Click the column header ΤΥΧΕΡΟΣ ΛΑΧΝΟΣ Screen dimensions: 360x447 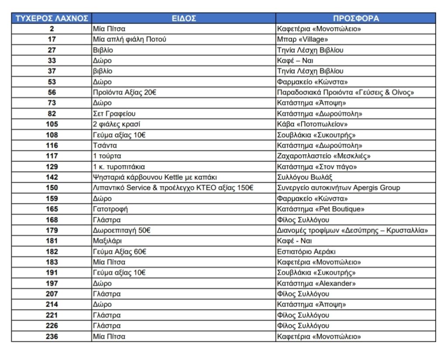pyautogui.click(x=52, y=18)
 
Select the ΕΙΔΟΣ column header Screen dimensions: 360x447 pyautogui.click(x=183, y=18)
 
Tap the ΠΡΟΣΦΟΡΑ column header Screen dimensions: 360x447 pyautogui.click(x=356, y=18)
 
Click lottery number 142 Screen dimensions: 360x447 pyautogui.click(x=52, y=177)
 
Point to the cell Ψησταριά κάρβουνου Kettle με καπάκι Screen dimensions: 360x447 pyautogui.click(x=155, y=177)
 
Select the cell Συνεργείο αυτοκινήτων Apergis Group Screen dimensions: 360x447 pyautogui.click(x=338, y=188)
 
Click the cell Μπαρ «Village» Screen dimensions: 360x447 pyautogui.click(x=303, y=39)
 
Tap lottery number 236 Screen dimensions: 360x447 pyautogui.click(x=52, y=336)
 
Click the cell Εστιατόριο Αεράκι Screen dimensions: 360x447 pyautogui.click(x=306, y=252)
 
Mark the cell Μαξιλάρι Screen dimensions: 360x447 pyautogui.click(x=107, y=241)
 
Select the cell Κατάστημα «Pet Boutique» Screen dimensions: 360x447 pyautogui.click(x=321, y=209)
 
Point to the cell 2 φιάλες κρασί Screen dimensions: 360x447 pyautogui.click(x=117, y=124)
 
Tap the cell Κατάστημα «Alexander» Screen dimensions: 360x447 pyautogui.click(x=316, y=284)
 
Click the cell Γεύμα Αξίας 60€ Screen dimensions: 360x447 pyautogui.click(x=119, y=252)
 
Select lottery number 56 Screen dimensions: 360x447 pyautogui.click(x=52, y=93)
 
